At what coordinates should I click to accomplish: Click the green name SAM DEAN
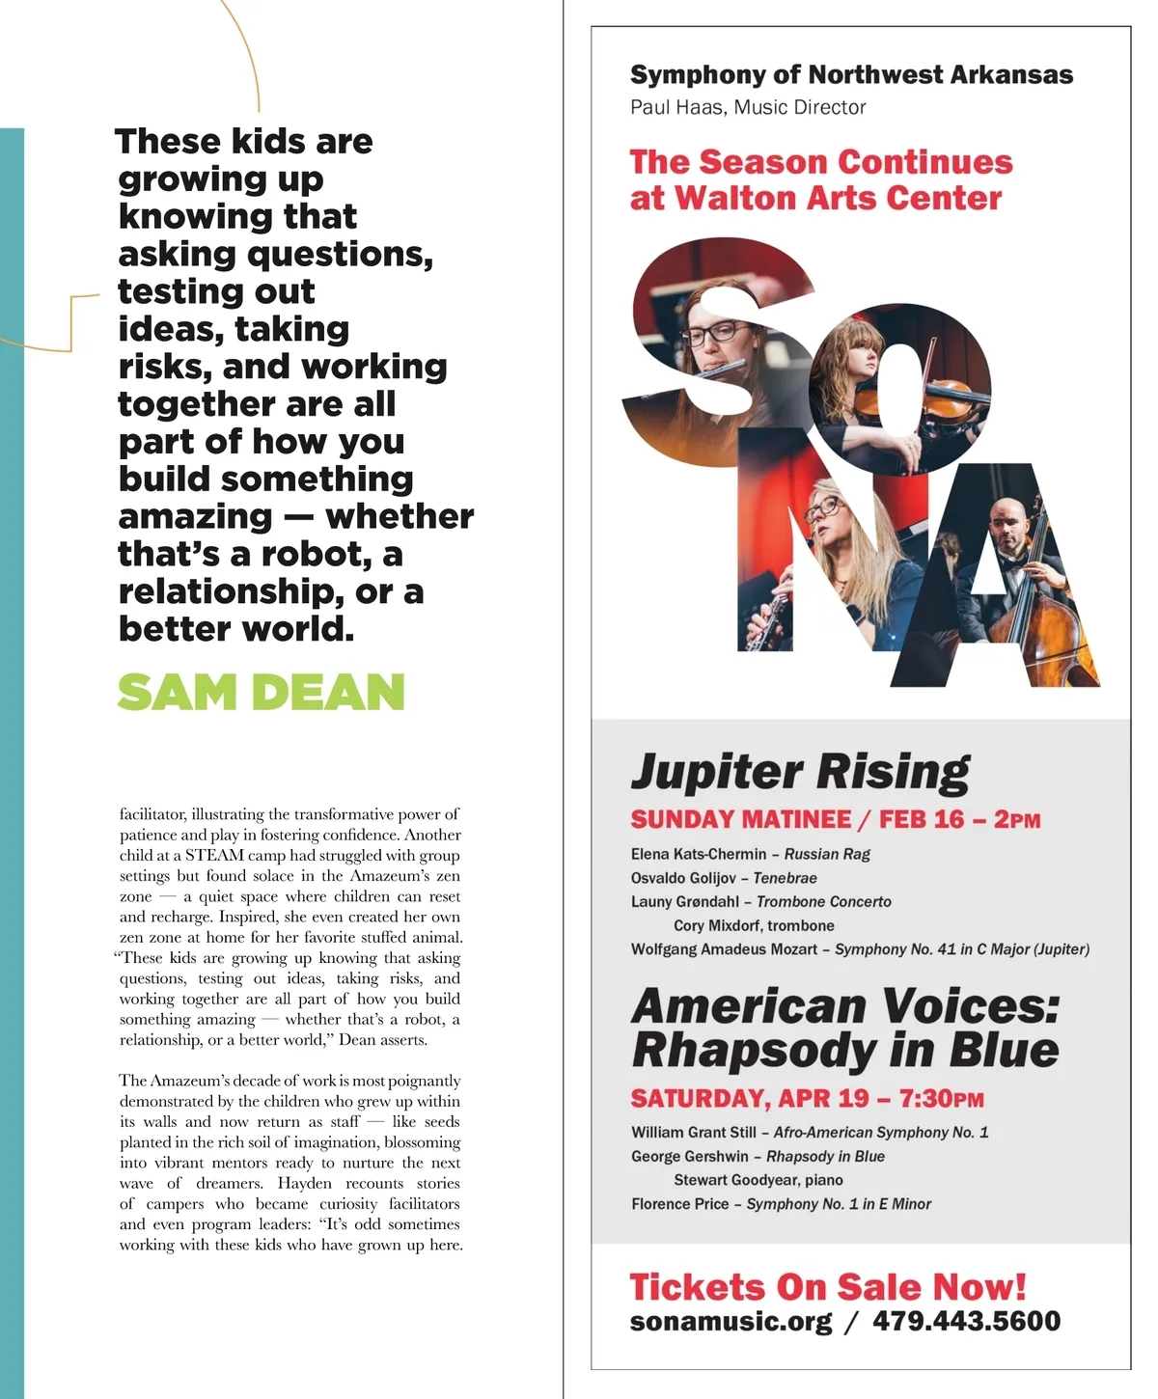(x=261, y=692)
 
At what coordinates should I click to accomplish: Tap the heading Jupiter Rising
(x=800, y=772)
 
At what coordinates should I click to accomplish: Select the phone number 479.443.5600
(x=966, y=1321)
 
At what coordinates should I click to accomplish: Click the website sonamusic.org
(x=731, y=1321)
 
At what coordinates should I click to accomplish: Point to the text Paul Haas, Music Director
(x=748, y=107)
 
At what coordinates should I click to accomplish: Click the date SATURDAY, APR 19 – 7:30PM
(x=807, y=1099)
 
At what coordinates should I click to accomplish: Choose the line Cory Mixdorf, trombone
(x=754, y=925)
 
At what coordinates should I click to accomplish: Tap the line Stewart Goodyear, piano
(x=758, y=1179)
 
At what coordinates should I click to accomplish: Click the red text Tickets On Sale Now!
(x=827, y=1286)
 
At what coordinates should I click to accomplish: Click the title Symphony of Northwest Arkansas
(x=851, y=74)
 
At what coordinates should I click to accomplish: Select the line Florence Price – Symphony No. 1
(x=781, y=1203)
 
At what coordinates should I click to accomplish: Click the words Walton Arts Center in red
(x=838, y=198)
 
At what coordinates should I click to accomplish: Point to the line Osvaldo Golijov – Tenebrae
(x=724, y=878)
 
